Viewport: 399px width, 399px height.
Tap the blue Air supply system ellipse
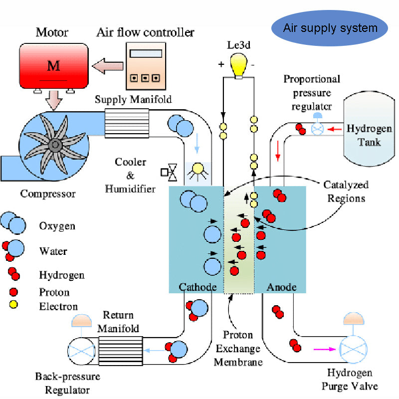click(x=330, y=27)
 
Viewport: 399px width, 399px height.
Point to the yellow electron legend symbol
click(x=13, y=305)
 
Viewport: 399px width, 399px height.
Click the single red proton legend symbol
click(x=13, y=292)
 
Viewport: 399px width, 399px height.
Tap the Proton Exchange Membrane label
click(x=238, y=348)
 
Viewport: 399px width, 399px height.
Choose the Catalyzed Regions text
click(x=346, y=191)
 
